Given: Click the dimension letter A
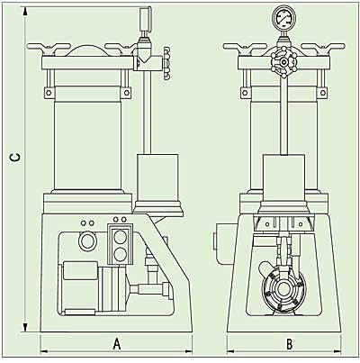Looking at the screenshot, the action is (x=117, y=344).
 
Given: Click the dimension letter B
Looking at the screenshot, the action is (x=289, y=344).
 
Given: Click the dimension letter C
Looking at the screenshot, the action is (x=15, y=159).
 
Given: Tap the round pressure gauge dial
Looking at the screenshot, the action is (x=283, y=16).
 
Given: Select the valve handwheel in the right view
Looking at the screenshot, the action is (x=283, y=62).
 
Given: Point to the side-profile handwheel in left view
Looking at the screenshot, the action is (x=167, y=63).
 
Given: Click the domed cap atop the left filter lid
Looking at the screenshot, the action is (x=87, y=50).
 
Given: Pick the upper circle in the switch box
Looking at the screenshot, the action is (x=121, y=238).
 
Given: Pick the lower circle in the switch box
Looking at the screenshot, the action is (x=121, y=254).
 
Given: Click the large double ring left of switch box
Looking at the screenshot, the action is (x=87, y=240).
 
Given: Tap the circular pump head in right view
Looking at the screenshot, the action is (x=282, y=289).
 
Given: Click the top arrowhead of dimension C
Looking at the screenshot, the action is (x=25, y=12).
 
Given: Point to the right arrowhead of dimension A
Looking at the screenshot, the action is (x=188, y=350).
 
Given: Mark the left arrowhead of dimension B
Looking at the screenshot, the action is (x=231, y=350).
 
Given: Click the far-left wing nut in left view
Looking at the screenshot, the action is (x=48, y=48).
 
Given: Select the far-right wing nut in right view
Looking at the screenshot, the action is (x=323, y=48).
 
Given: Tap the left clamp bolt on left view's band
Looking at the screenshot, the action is (x=49, y=92).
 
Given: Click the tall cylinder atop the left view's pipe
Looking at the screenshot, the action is (x=145, y=19).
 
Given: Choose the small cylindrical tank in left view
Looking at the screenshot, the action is (x=157, y=177).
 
